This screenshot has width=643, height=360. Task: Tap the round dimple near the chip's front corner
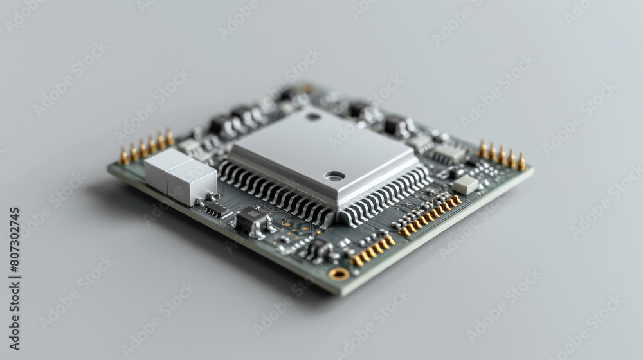(x=334, y=175)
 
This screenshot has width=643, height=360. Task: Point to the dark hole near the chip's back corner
(x=314, y=117)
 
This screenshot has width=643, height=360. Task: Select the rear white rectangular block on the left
(x=165, y=166)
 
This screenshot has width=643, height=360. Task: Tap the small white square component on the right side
(x=466, y=184)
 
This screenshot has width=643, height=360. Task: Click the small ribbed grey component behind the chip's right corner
(x=448, y=153)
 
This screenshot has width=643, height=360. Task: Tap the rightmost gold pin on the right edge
(x=521, y=162)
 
